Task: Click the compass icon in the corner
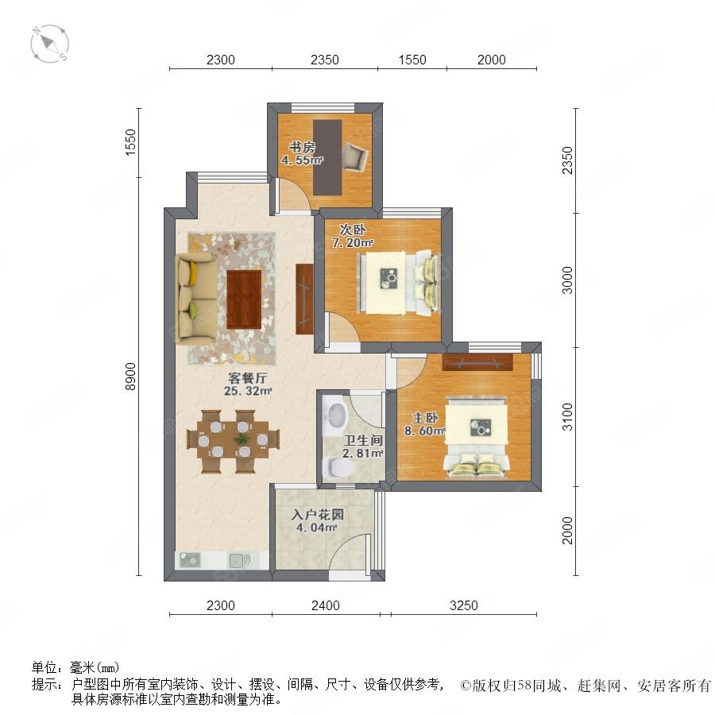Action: click(50, 44)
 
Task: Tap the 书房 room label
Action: click(302, 147)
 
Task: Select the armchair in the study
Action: click(355, 156)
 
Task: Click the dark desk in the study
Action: click(327, 157)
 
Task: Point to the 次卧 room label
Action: click(352, 230)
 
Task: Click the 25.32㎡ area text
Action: click(248, 391)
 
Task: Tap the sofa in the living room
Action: click(196, 299)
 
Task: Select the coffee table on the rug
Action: click(244, 299)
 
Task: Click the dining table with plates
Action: click(233, 439)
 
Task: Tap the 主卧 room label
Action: click(425, 418)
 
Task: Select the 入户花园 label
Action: click(317, 515)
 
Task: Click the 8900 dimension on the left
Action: click(130, 377)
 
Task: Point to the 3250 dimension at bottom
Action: click(464, 605)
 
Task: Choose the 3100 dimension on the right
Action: click(566, 417)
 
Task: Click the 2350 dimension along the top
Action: click(325, 60)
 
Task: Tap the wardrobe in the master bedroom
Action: click(477, 361)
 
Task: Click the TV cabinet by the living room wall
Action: click(304, 300)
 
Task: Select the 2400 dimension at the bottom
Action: click(326, 605)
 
